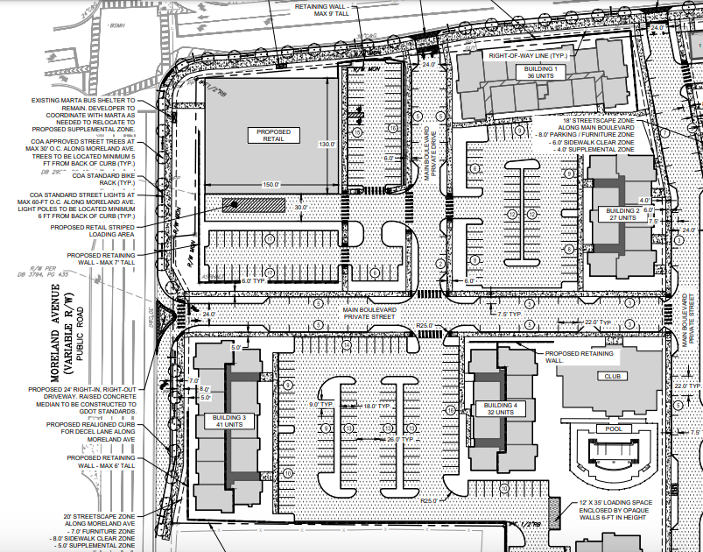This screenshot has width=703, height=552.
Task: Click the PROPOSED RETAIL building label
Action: point(273,135)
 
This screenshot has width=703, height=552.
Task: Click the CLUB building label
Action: point(610,376)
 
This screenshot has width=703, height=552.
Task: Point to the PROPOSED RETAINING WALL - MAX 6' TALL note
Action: point(102,462)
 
